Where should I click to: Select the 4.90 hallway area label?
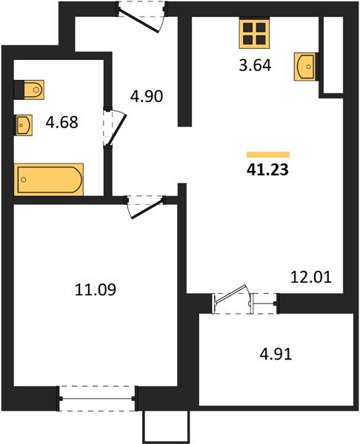[146, 95]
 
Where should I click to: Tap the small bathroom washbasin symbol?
[24, 123]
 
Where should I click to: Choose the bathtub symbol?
[49, 179]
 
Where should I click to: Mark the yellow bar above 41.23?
[267, 154]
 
